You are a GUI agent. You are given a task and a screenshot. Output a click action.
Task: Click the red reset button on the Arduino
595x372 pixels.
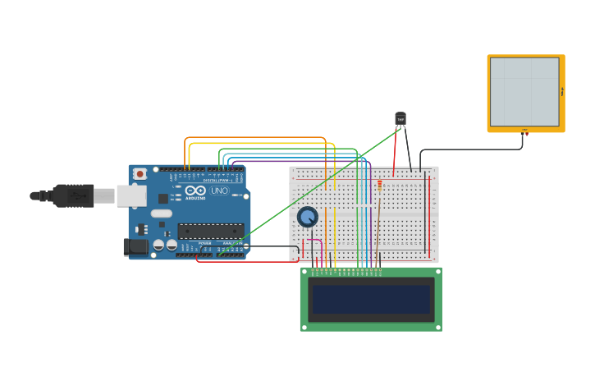(140, 173)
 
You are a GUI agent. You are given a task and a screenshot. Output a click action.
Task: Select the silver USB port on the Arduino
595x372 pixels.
(131, 195)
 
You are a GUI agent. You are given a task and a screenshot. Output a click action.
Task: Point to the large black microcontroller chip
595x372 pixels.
(211, 232)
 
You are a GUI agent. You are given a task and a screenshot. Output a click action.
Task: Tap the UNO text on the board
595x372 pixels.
(219, 191)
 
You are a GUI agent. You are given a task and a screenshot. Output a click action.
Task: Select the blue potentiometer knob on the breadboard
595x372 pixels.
(307, 217)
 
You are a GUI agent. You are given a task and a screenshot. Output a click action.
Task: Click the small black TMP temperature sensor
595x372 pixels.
(400, 119)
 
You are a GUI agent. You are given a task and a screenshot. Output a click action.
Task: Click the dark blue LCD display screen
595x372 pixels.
(371, 299)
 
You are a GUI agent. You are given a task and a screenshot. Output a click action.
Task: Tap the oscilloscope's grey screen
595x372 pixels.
(524, 91)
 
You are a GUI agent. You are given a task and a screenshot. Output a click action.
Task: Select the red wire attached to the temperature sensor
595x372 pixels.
(396, 152)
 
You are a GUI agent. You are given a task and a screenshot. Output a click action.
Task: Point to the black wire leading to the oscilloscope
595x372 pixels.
(472, 149)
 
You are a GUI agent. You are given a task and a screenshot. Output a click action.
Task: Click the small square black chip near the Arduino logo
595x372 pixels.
(163, 198)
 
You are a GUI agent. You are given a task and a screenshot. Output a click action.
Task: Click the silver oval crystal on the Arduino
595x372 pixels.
(161, 213)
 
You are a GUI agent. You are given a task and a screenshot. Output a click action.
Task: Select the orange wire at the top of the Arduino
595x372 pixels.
(254, 138)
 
